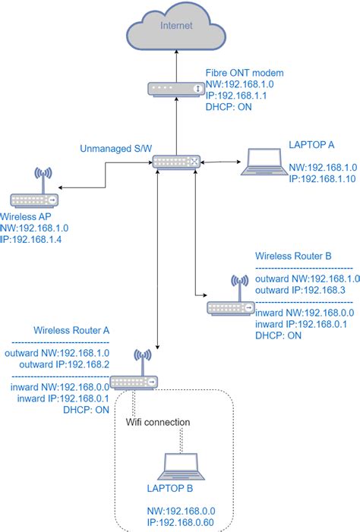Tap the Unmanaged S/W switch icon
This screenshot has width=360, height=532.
pos(175,162)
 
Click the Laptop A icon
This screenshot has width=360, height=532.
pos(261,163)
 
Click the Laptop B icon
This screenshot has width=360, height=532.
pos(182,466)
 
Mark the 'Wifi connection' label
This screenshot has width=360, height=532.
pos(158,422)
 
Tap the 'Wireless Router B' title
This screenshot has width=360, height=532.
pos(293,256)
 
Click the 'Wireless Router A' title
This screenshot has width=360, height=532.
pos(71,331)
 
